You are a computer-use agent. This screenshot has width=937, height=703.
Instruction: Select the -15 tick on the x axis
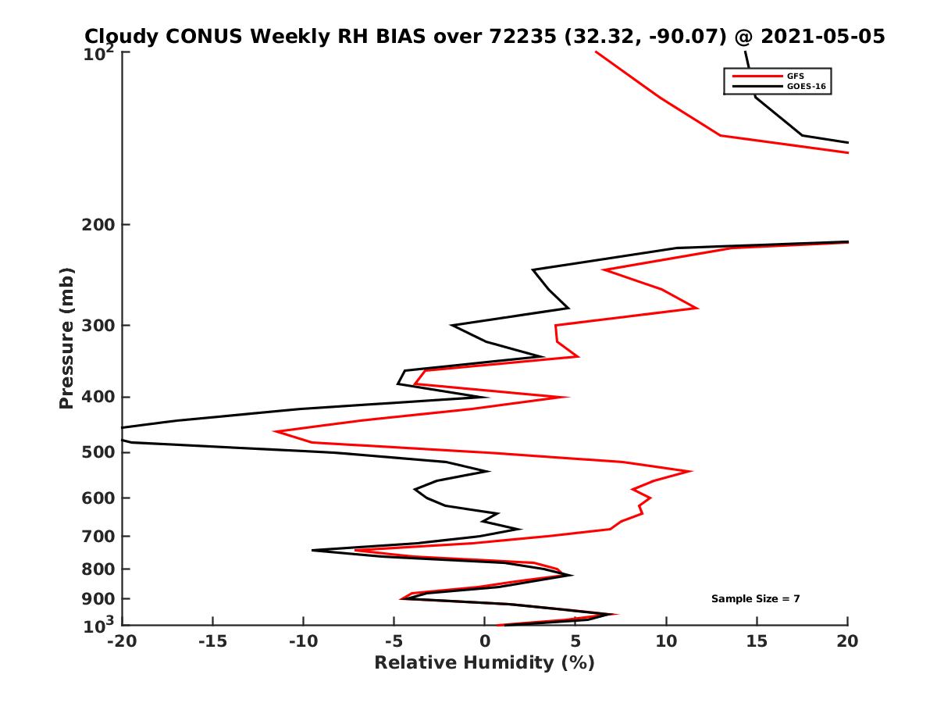click(212, 642)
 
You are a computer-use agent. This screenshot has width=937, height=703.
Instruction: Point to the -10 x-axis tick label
click(303, 642)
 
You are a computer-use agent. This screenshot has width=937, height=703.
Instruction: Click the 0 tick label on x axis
click(485, 642)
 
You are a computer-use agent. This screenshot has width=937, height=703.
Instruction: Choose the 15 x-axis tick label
click(757, 642)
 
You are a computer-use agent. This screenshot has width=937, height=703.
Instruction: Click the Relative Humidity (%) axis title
click(484, 663)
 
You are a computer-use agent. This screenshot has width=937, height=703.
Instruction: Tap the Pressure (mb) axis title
click(66, 338)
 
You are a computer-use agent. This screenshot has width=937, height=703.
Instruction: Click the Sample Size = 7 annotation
click(755, 598)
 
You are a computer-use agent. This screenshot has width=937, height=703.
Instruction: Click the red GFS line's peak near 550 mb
click(691, 471)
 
